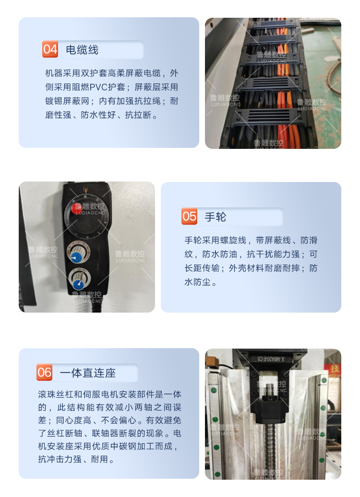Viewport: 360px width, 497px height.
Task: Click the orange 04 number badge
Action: point(50,49)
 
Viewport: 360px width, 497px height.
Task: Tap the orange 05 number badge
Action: point(190,216)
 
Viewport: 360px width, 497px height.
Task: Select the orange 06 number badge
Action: point(44,372)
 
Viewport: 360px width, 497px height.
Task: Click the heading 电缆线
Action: point(82,50)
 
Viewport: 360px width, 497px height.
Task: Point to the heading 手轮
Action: point(216,217)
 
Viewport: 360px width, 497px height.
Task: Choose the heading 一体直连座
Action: point(88,373)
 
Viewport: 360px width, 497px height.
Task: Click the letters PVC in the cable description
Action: point(98,87)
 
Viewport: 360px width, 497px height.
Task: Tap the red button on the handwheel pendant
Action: point(76,208)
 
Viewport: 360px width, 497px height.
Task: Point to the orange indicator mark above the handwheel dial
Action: point(85,190)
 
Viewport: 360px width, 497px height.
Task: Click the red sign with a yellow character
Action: point(333,369)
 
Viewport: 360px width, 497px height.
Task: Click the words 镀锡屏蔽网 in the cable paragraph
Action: point(67,101)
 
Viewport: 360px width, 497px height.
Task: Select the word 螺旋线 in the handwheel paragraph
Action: point(233,240)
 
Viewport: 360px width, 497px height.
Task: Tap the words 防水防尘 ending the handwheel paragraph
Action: point(198,282)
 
